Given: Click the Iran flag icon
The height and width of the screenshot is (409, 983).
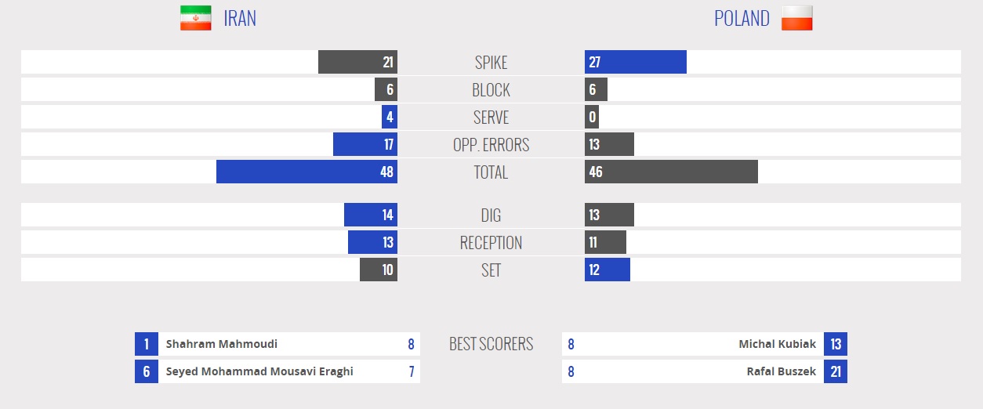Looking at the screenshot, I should coord(195,18).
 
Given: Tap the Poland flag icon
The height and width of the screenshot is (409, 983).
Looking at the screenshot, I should coord(796,18).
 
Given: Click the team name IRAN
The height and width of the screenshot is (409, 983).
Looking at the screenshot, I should coord(240,18).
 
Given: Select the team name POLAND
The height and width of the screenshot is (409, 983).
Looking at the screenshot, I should coord(742,18).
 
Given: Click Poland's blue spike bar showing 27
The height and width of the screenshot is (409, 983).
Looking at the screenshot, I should coord(635,62).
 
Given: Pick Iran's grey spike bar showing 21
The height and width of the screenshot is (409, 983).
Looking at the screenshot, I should coord(357,62).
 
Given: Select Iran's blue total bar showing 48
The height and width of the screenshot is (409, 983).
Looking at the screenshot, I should coord(307,172).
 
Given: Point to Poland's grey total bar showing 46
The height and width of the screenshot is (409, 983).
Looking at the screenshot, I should coord(671,172).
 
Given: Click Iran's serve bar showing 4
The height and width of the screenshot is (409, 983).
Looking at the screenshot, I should coord(390,117).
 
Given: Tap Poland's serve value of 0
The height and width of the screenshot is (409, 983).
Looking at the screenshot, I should coord(592,117).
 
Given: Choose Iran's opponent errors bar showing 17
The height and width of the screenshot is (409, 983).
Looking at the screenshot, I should coord(365,144).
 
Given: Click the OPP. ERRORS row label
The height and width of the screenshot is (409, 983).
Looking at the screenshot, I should coord(491,144).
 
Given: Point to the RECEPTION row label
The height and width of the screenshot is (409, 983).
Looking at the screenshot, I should coord(491,242).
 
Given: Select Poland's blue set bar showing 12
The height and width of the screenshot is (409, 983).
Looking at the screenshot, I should coord(607,270).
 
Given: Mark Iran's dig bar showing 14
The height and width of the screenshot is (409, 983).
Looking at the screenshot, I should coord(371,215).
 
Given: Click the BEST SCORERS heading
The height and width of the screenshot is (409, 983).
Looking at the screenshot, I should coord(491,343).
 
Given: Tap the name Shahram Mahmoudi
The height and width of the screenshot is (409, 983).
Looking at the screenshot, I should coord(222,344).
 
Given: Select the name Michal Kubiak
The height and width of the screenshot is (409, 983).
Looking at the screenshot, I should coord(777,344).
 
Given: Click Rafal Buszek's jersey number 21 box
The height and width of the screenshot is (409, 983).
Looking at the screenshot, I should coord(836,371).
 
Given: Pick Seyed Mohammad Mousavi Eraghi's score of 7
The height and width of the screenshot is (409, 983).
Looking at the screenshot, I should coord(412,371).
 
